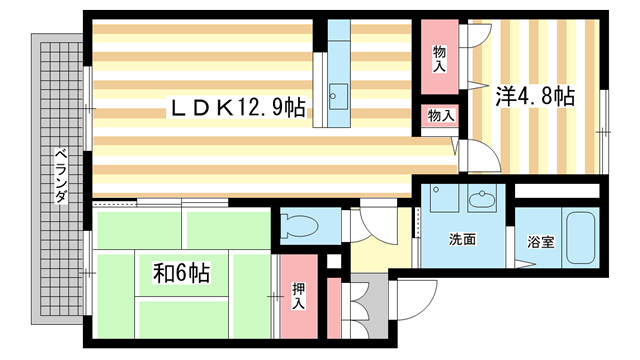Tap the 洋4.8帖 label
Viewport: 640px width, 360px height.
(x=535, y=97)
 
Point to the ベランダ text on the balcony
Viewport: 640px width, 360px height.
(x=62, y=175)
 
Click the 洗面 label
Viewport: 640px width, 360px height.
(x=461, y=239)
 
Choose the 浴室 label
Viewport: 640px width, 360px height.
(x=541, y=240)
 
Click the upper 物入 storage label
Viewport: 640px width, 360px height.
(x=439, y=57)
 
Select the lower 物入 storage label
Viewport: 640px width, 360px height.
(x=440, y=116)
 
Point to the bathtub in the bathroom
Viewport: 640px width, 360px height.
(x=580, y=236)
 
